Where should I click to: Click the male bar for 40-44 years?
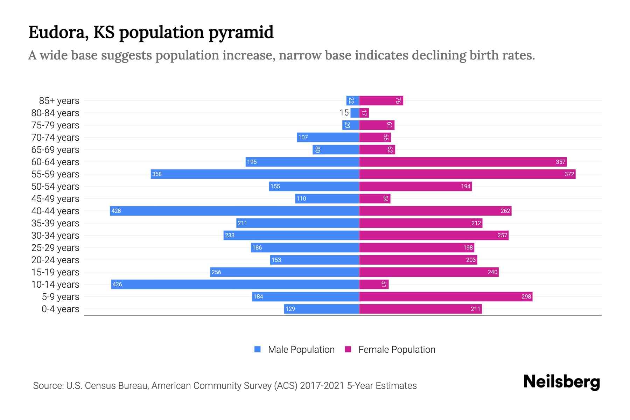[x=234, y=211]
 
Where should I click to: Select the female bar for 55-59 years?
[x=467, y=174]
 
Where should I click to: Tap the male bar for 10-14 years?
[x=235, y=284]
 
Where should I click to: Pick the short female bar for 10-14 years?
[x=374, y=284]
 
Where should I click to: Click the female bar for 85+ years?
[x=381, y=100]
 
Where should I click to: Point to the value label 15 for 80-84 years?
[x=344, y=113]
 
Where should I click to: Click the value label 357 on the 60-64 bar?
[x=560, y=162]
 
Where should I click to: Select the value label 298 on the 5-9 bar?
[x=526, y=296]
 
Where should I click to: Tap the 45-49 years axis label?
[x=55, y=198]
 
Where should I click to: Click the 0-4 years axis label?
[x=60, y=309]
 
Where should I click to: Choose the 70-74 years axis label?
[x=55, y=137]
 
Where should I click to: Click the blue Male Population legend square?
[x=258, y=349]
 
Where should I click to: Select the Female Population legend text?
[x=397, y=349]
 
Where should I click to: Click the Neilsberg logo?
[x=561, y=382]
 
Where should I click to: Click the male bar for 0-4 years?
[x=321, y=309]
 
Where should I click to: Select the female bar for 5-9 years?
[x=446, y=296]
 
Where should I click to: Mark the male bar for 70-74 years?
[x=328, y=137]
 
